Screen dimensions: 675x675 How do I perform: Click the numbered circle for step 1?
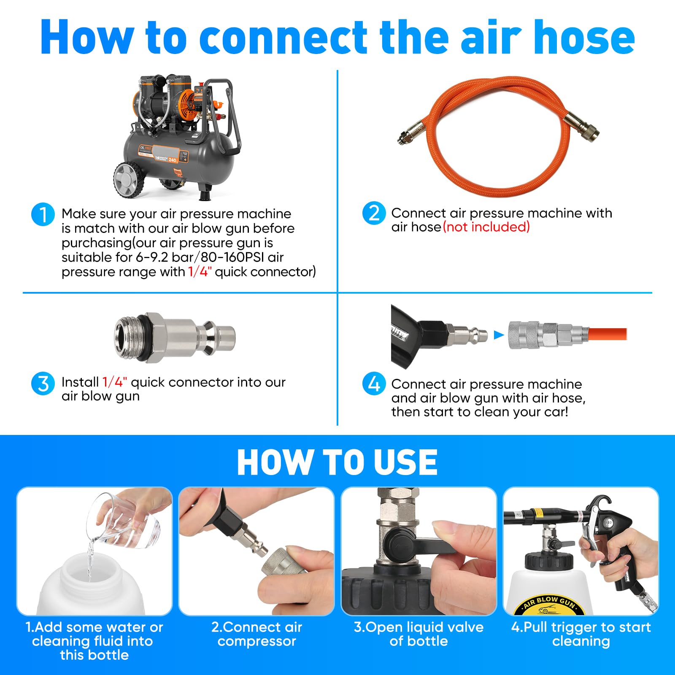click(43, 214)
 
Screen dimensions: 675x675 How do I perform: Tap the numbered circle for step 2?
click(374, 213)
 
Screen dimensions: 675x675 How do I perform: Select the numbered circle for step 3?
click(43, 383)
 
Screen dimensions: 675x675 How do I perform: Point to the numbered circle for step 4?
click(374, 383)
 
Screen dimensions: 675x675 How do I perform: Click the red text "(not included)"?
click(486, 227)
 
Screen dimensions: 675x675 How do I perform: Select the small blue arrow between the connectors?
click(499, 335)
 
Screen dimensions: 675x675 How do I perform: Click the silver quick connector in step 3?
click(175, 337)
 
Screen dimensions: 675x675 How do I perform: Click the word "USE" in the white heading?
click(400, 462)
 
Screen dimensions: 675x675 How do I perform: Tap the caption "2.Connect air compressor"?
click(256, 634)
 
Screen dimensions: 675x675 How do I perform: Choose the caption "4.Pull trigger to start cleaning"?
click(581, 634)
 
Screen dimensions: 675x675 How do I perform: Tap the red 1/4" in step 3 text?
click(115, 382)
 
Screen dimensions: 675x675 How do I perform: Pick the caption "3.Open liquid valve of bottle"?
click(418, 634)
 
